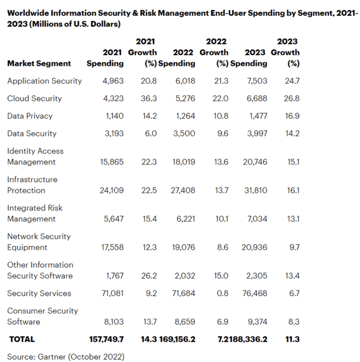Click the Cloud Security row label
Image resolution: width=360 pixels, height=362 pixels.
[34, 99]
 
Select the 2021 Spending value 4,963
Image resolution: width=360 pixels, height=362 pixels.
[113, 81]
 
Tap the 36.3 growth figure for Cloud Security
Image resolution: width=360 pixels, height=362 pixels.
[148, 99]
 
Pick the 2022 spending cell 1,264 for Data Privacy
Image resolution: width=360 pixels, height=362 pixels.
[186, 116]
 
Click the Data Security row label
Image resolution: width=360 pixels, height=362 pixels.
[32, 133]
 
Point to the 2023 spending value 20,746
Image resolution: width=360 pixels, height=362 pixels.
[255, 162]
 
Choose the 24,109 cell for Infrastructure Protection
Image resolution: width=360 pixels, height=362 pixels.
[111, 190]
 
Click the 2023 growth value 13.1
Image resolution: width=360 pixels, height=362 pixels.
[293, 219]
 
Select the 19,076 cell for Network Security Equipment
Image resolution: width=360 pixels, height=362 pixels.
[183, 248]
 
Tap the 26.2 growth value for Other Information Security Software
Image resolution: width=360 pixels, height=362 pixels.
[149, 276]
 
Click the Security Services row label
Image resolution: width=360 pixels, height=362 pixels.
[39, 293]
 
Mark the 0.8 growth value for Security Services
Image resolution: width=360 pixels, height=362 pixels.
[223, 293]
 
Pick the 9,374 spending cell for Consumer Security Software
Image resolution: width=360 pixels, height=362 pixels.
[258, 322]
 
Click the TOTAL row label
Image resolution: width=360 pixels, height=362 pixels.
[22, 339]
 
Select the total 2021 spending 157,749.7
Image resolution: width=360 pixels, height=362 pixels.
[106, 339]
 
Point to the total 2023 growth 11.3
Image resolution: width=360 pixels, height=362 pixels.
[292, 339]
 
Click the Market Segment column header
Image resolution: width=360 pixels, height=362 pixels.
[39, 64]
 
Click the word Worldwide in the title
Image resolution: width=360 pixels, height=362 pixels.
[28, 13]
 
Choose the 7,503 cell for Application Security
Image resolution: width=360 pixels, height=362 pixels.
[257, 81]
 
